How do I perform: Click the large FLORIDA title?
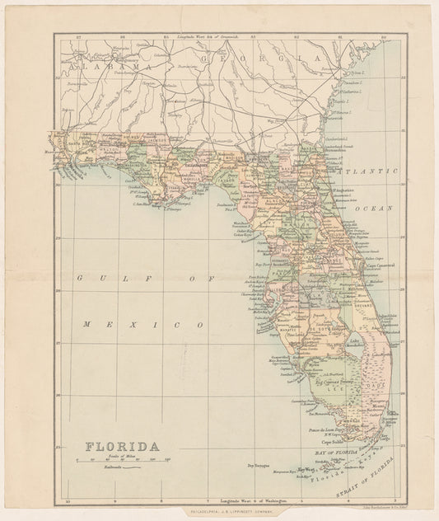point(123,447)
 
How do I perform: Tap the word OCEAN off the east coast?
point(375,209)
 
